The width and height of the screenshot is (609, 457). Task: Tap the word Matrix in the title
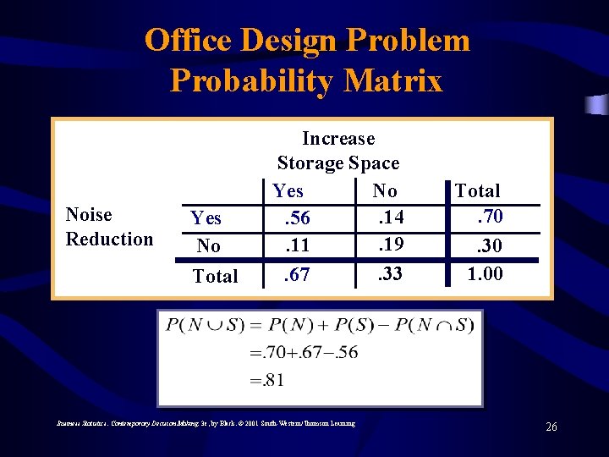pos(393,81)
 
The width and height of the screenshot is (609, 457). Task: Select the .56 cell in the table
pos(296,218)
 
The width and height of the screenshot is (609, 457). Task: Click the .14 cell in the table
pos(390,217)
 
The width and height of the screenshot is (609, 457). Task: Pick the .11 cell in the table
pos(296,246)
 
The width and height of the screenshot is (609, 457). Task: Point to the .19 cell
pos(390,245)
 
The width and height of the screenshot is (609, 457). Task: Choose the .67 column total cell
pos(296,275)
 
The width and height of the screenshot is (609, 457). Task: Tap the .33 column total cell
pos(390,274)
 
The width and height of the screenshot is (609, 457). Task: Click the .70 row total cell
pos(489,217)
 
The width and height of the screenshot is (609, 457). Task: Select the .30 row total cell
pos(489,246)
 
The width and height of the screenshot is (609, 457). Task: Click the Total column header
pos(477,191)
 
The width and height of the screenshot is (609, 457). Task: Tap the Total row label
pos(216,276)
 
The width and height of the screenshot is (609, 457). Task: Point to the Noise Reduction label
pos(109,227)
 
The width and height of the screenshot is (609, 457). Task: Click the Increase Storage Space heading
pos(337,150)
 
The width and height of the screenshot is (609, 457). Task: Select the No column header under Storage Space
pos(385,191)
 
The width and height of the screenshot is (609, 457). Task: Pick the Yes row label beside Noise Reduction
pos(206,218)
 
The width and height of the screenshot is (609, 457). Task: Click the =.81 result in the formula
pos(267,380)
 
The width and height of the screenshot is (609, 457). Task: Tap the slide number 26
pos(551,427)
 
